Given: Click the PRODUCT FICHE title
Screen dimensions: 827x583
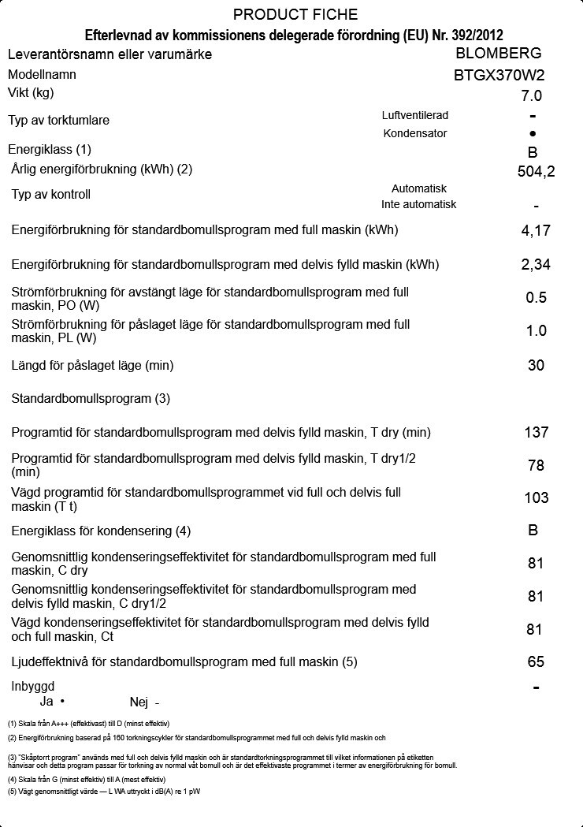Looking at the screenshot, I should [295, 15].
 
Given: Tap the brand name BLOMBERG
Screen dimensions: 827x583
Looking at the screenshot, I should [499, 54].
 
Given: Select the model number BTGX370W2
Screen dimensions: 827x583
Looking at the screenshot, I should [499, 76].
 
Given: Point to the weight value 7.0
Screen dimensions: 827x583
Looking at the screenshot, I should [532, 96].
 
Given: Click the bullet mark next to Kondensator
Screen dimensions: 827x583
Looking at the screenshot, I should [533, 134].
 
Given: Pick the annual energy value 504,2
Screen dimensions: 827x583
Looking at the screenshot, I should [536, 171].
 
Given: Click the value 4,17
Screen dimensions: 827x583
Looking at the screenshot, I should [536, 231].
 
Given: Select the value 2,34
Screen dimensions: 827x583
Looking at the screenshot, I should [536, 264].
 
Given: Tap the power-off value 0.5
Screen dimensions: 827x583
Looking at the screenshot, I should [536, 297].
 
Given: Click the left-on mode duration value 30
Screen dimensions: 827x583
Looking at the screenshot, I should [536, 365].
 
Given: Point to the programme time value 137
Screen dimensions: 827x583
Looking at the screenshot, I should [536, 432].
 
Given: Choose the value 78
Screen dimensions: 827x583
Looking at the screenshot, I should [536, 465].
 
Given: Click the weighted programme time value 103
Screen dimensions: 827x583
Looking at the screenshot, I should [536, 497].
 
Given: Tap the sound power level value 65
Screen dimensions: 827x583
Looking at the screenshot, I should [536, 661].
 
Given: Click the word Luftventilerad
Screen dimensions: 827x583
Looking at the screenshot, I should [414, 115].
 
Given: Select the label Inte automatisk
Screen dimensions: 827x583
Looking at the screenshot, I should [418, 204].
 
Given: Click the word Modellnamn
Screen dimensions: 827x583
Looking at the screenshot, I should [42, 75].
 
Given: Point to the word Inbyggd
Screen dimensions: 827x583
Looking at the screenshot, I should [33, 687].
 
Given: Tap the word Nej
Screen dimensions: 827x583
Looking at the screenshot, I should [139, 702].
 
